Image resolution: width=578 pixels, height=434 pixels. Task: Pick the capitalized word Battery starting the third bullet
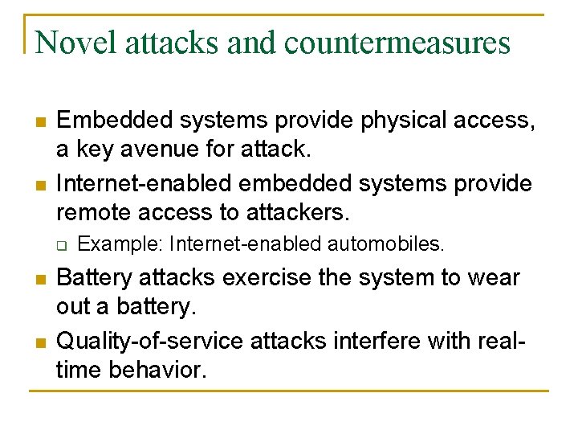pyautogui.click(x=94, y=278)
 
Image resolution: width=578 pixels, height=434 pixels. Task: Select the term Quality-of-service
pyautogui.click(x=150, y=342)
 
